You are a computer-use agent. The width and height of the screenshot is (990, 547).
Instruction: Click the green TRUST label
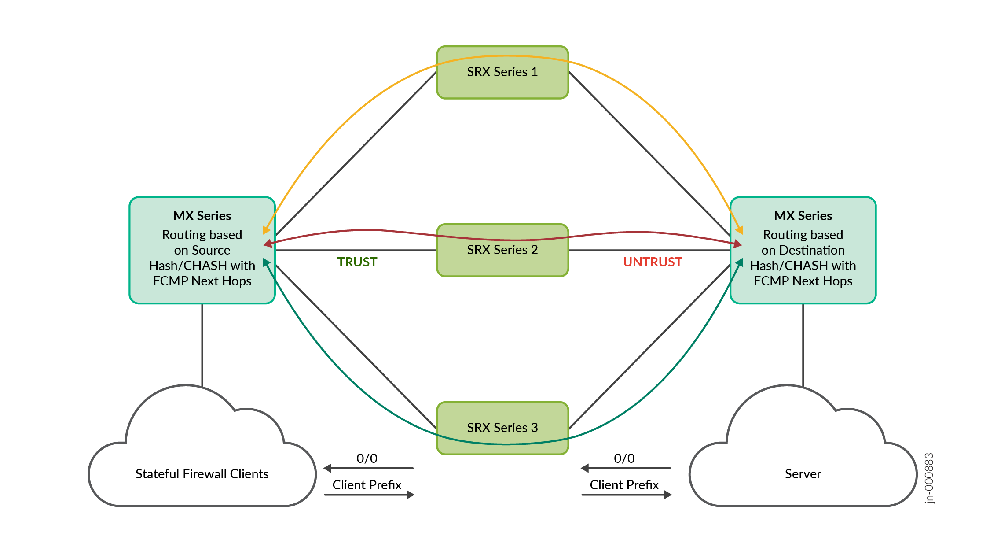click(357, 262)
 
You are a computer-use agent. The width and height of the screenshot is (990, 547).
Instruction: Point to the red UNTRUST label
click(652, 262)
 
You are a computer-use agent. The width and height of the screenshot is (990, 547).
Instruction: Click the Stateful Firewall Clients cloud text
click(202, 474)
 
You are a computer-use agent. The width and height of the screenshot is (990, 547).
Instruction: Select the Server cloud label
click(803, 474)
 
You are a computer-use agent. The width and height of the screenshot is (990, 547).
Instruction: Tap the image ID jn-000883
click(928, 478)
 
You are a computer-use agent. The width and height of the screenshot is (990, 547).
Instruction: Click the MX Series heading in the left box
click(202, 216)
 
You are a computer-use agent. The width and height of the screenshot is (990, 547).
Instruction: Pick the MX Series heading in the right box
click(803, 216)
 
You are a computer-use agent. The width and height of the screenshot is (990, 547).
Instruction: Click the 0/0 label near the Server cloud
click(624, 458)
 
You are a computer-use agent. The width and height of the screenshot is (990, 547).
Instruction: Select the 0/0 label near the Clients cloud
click(367, 458)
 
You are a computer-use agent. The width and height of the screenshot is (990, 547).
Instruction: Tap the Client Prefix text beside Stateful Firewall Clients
click(367, 485)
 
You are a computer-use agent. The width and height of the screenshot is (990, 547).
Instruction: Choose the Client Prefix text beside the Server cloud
click(624, 485)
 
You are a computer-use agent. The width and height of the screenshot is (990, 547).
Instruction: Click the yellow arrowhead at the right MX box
click(740, 230)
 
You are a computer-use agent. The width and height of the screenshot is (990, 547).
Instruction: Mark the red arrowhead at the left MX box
click(268, 243)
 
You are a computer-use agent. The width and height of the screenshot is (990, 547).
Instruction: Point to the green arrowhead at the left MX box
click(266, 262)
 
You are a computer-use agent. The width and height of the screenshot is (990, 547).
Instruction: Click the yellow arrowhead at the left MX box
click(266, 230)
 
